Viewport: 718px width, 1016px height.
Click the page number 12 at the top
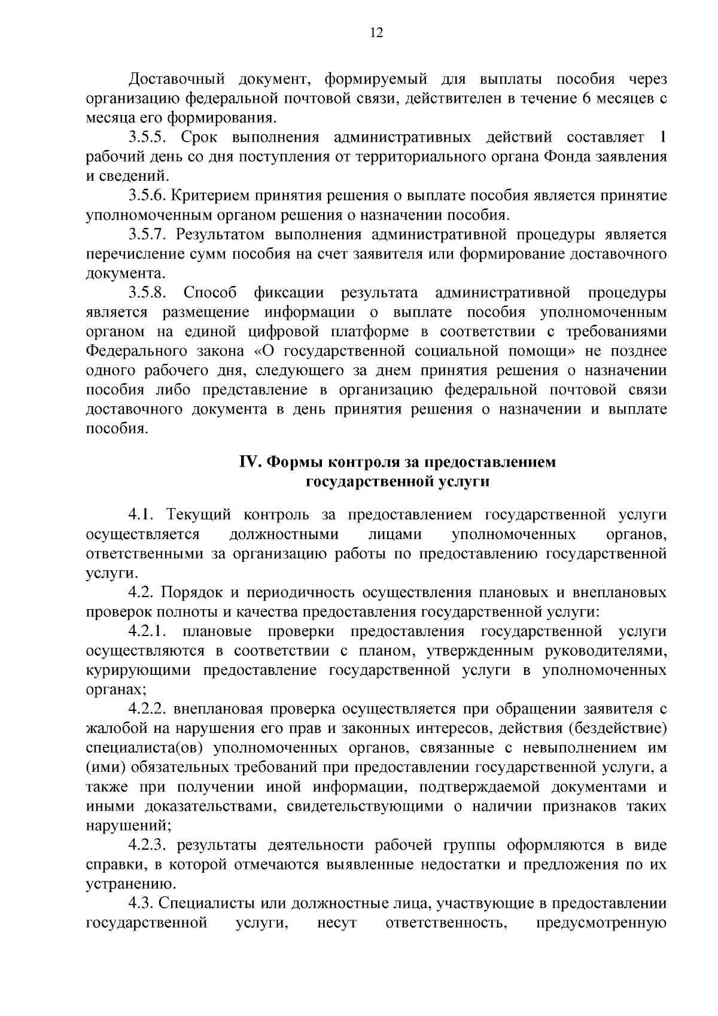tap(376, 34)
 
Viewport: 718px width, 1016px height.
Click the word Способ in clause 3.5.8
tap(210, 293)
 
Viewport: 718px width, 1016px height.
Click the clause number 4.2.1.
tap(151, 631)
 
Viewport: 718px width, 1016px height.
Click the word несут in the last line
tap(337, 923)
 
